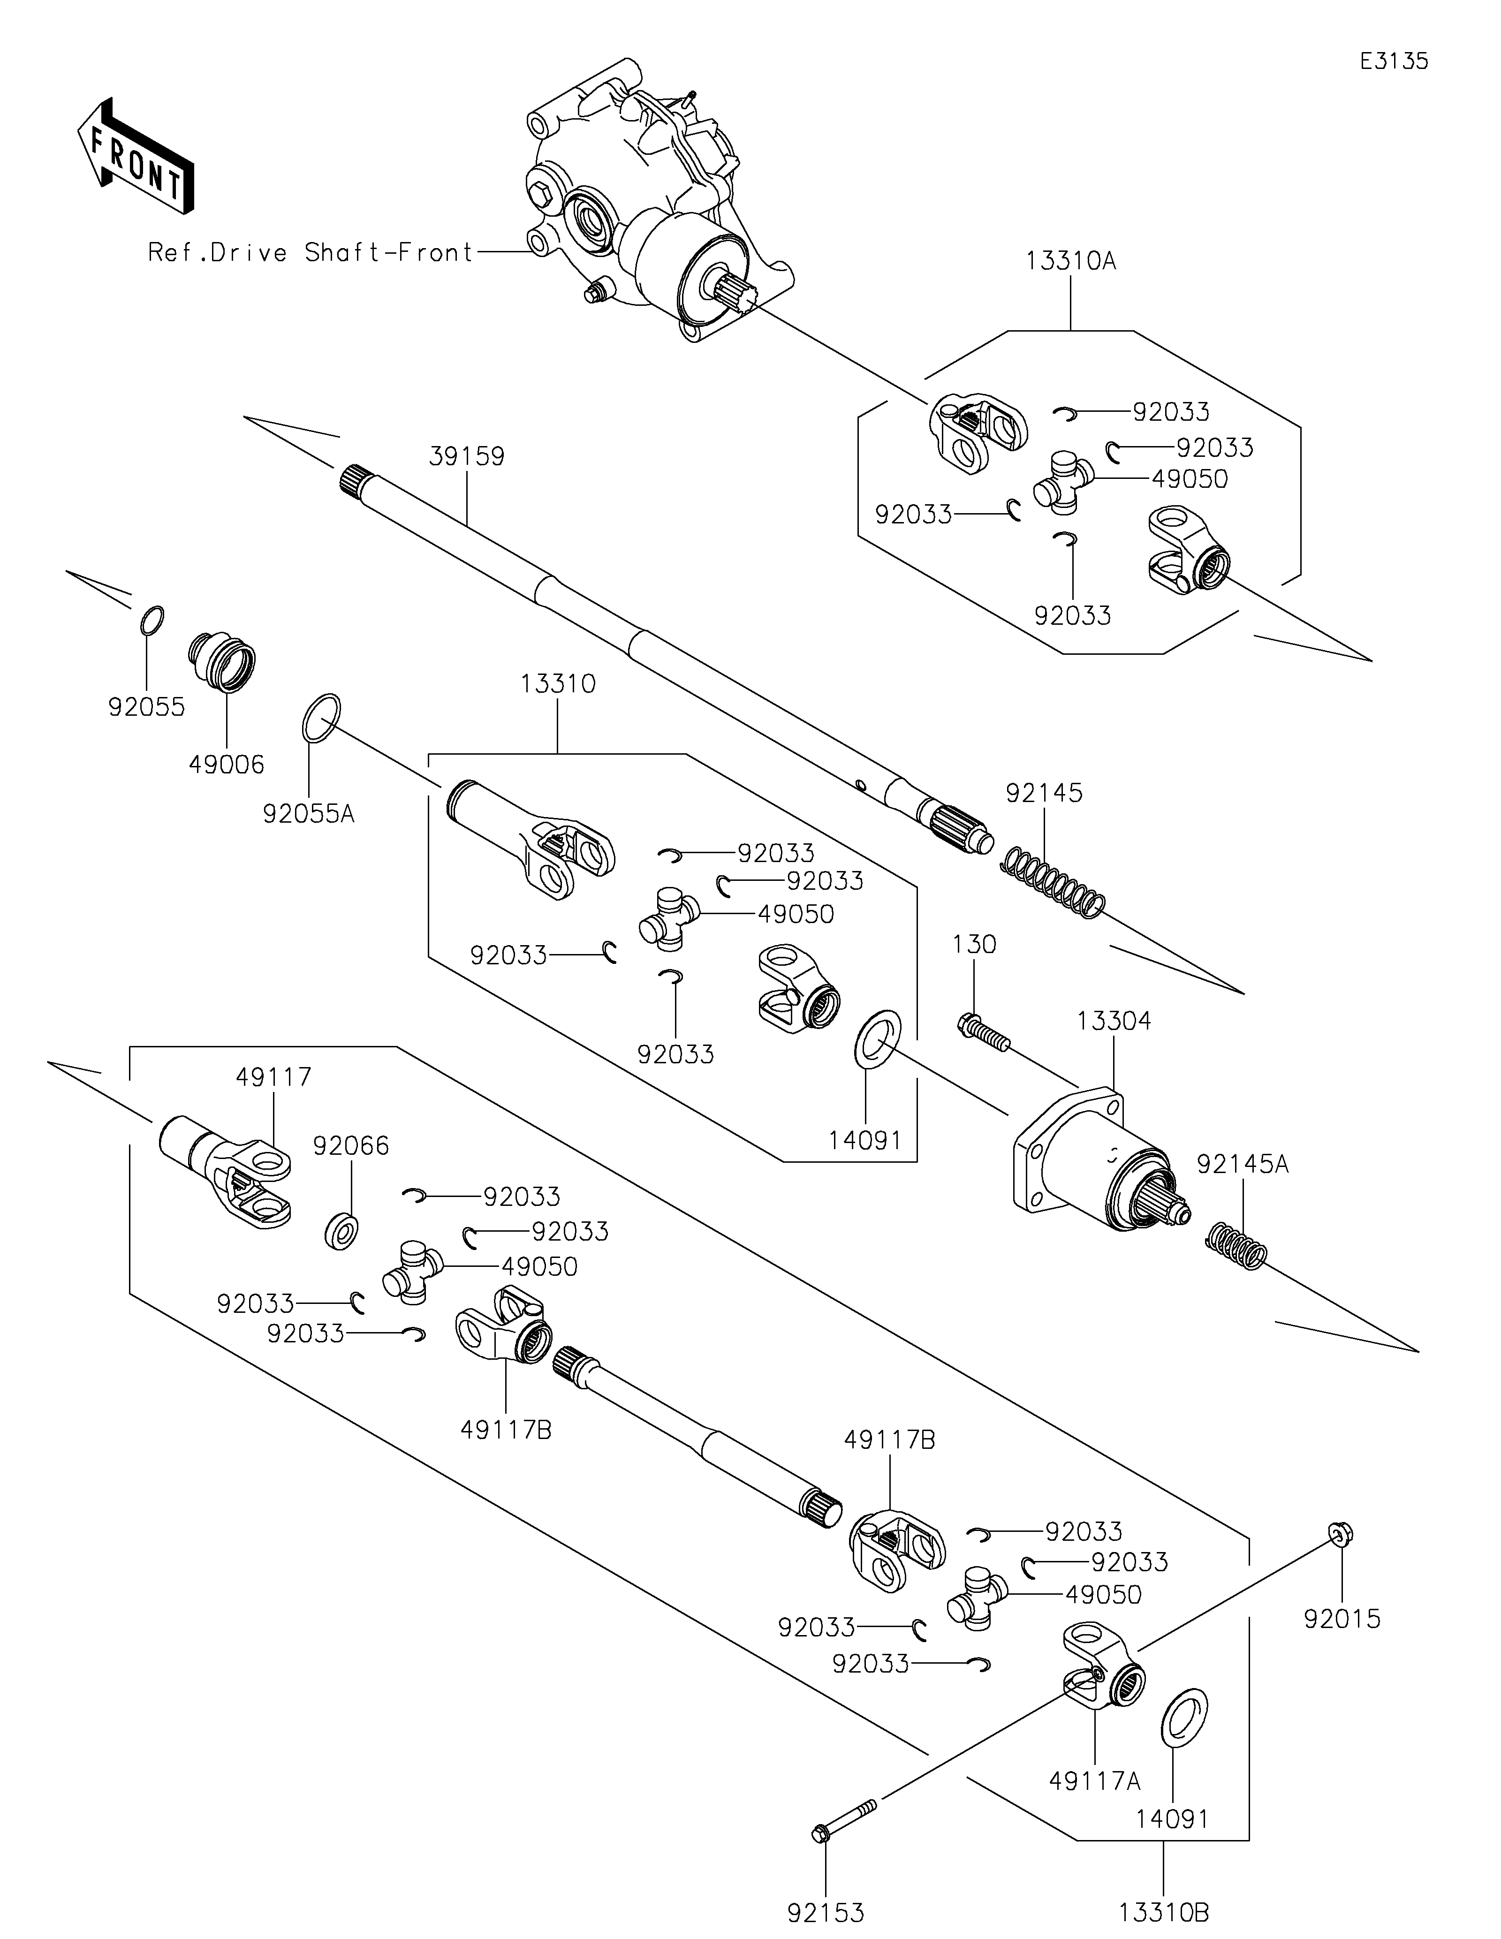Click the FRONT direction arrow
(135, 157)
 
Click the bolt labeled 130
(984, 1034)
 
